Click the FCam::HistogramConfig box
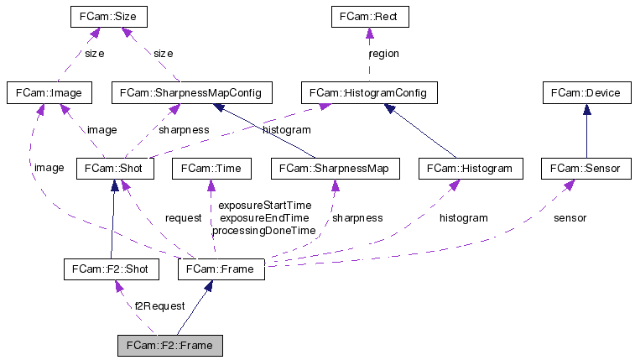(x=368, y=92)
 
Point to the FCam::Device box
(x=585, y=92)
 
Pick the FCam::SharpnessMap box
(x=335, y=169)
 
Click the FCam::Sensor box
(x=585, y=169)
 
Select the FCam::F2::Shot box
(x=111, y=269)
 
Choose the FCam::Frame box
(x=221, y=269)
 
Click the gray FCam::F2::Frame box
(x=170, y=345)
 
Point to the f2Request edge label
(x=159, y=306)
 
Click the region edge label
(x=384, y=54)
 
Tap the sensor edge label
(x=570, y=218)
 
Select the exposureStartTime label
(x=263, y=206)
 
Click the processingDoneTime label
(x=263, y=230)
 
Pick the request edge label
(x=183, y=218)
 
